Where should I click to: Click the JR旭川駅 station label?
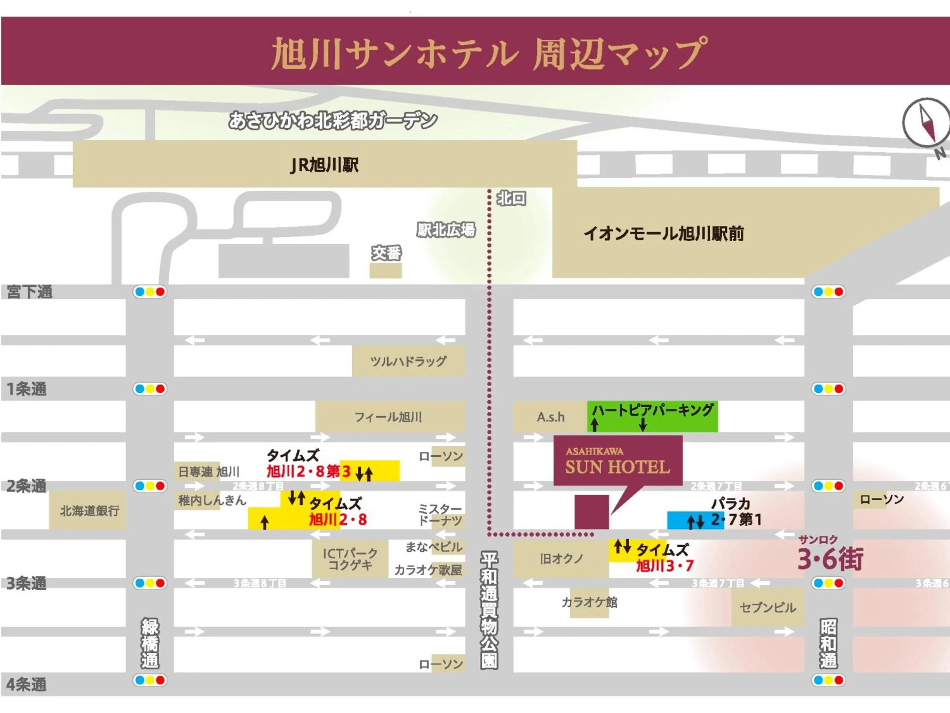[324, 165]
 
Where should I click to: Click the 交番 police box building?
[385, 270]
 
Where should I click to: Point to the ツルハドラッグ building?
[408, 361]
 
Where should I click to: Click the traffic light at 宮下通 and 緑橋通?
[149, 292]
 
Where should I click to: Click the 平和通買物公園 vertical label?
[489, 610]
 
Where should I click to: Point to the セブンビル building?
[768, 608]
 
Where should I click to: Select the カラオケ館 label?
[589, 602]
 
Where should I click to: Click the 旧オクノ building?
[561, 559]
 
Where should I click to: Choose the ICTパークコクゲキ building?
[350, 559]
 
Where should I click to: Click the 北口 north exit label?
[511, 199]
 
